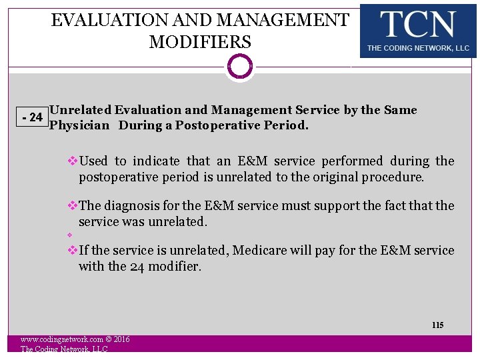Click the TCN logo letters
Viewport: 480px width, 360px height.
click(x=418, y=25)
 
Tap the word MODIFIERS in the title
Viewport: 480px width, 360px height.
click(x=200, y=42)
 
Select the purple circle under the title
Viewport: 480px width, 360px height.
click(x=240, y=67)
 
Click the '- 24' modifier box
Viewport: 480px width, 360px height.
click(x=32, y=118)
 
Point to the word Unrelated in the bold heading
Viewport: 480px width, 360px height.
click(x=81, y=110)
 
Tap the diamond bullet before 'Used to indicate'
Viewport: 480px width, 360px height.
click(x=73, y=161)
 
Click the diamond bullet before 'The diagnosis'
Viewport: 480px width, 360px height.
click(x=73, y=206)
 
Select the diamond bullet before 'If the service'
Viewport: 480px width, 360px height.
click(x=73, y=251)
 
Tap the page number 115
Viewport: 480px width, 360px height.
click(x=437, y=325)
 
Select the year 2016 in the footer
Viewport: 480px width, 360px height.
click(x=121, y=340)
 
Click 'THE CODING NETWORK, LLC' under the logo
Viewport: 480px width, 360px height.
click(x=418, y=49)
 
